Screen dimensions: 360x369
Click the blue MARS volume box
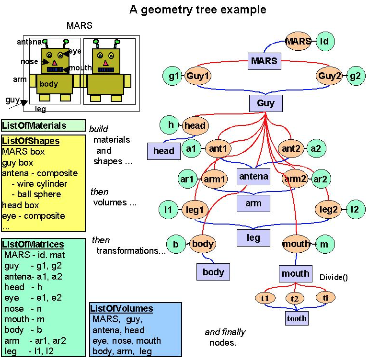pyautogui.click(x=264, y=61)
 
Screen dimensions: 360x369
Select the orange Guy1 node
pyautogui.click(x=198, y=76)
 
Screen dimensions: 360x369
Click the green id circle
pyautogui.click(x=324, y=42)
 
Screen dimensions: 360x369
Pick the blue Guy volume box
pyautogui.click(x=265, y=103)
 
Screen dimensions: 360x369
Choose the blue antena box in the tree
pyautogui.click(x=254, y=176)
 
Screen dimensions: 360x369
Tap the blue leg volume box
pyautogui.click(x=254, y=237)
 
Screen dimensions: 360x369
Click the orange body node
pyautogui.click(x=202, y=244)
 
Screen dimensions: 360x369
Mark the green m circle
pyautogui.click(x=324, y=244)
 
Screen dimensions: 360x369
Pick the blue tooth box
pyautogui.click(x=297, y=318)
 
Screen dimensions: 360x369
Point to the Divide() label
pyautogui.click(x=334, y=277)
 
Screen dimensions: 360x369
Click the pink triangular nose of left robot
pyautogui.click(x=54, y=63)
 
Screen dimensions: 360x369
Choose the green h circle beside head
pyautogui.click(x=170, y=125)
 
